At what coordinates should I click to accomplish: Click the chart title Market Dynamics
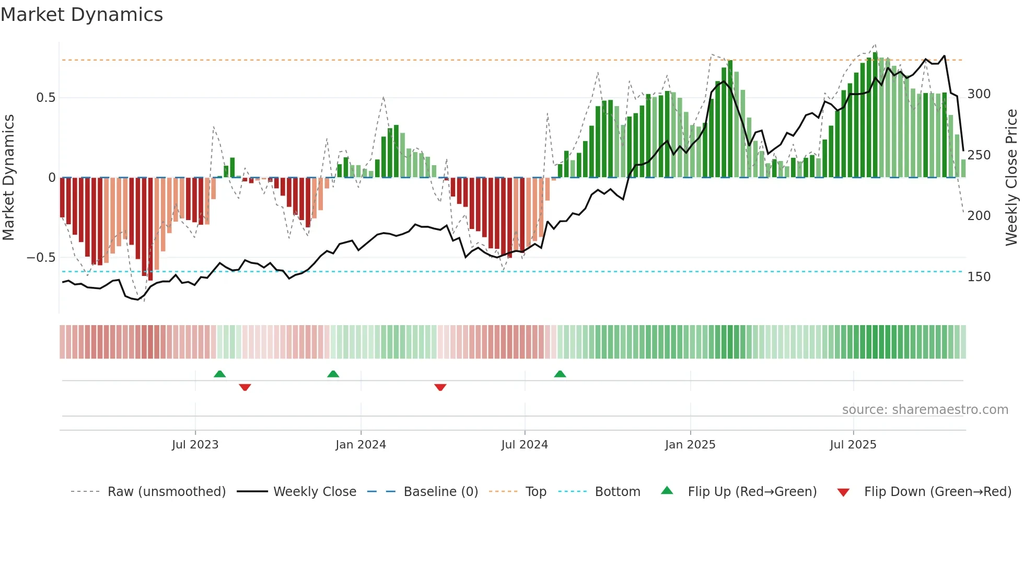pyautogui.click(x=82, y=15)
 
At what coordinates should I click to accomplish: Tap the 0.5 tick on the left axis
pyautogui.click(x=45, y=98)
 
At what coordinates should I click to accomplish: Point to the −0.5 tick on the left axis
pyautogui.click(x=41, y=258)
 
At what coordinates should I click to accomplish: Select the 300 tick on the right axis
pyautogui.click(x=979, y=94)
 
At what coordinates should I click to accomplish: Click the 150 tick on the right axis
pyautogui.click(x=979, y=277)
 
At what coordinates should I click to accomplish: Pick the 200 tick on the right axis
pyautogui.click(x=979, y=216)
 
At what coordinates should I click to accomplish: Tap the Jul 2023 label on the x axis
pyautogui.click(x=195, y=445)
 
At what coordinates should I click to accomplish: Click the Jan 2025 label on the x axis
pyautogui.click(x=690, y=445)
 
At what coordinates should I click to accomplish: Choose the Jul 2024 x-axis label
pyautogui.click(x=524, y=445)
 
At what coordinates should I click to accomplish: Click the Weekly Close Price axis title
pyautogui.click(x=1011, y=178)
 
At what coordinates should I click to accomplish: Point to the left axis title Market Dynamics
pyautogui.click(x=8, y=178)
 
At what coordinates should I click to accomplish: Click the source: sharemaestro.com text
pyautogui.click(x=925, y=410)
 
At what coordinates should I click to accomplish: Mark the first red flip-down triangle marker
pyautogui.click(x=245, y=387)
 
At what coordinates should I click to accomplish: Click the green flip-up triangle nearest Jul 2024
pyautogui.click(x=560, y=374)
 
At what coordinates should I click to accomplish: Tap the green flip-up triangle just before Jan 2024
pyautogui.click(x=333, y=374)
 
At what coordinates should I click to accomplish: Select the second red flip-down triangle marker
pyautogui.click(x=440, y=387)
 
